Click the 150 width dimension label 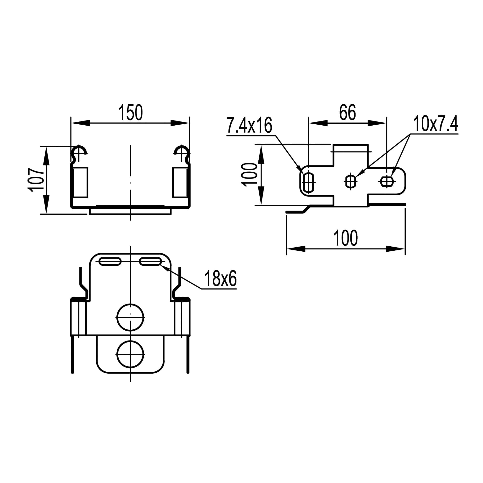click(130, 113)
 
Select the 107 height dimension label click(36, 180)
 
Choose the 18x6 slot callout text click(220, 278)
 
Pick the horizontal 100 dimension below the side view click(345, 238)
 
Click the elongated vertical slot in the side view click(309, 183)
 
